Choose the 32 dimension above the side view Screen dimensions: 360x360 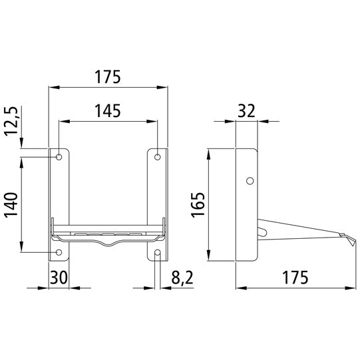[247, 110]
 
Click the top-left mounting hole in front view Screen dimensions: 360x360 [59, 157]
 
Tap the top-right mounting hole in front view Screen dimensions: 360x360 [158, 157]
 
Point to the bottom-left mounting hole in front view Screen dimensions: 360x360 [59, 252]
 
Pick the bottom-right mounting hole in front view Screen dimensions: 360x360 [158, 252]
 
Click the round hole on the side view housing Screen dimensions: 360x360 [250, 180]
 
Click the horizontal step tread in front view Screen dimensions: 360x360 [108, 234]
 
